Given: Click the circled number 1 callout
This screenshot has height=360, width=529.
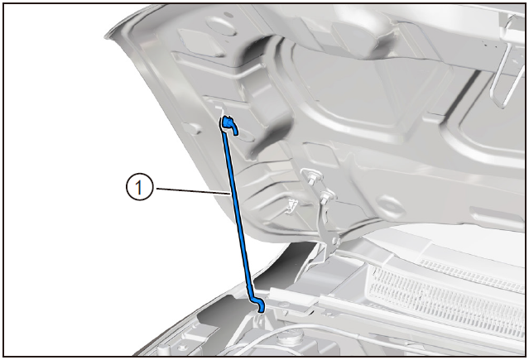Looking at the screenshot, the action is tap(140, 187).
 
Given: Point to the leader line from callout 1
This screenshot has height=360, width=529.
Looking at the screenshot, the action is tap(192, 191).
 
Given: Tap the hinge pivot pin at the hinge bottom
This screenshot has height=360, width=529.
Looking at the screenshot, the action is tap(334, 241).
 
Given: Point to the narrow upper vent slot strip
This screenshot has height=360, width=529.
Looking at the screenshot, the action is tap(473, 274).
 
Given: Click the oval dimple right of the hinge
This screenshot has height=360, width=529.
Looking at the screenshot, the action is tap(388, 204).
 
